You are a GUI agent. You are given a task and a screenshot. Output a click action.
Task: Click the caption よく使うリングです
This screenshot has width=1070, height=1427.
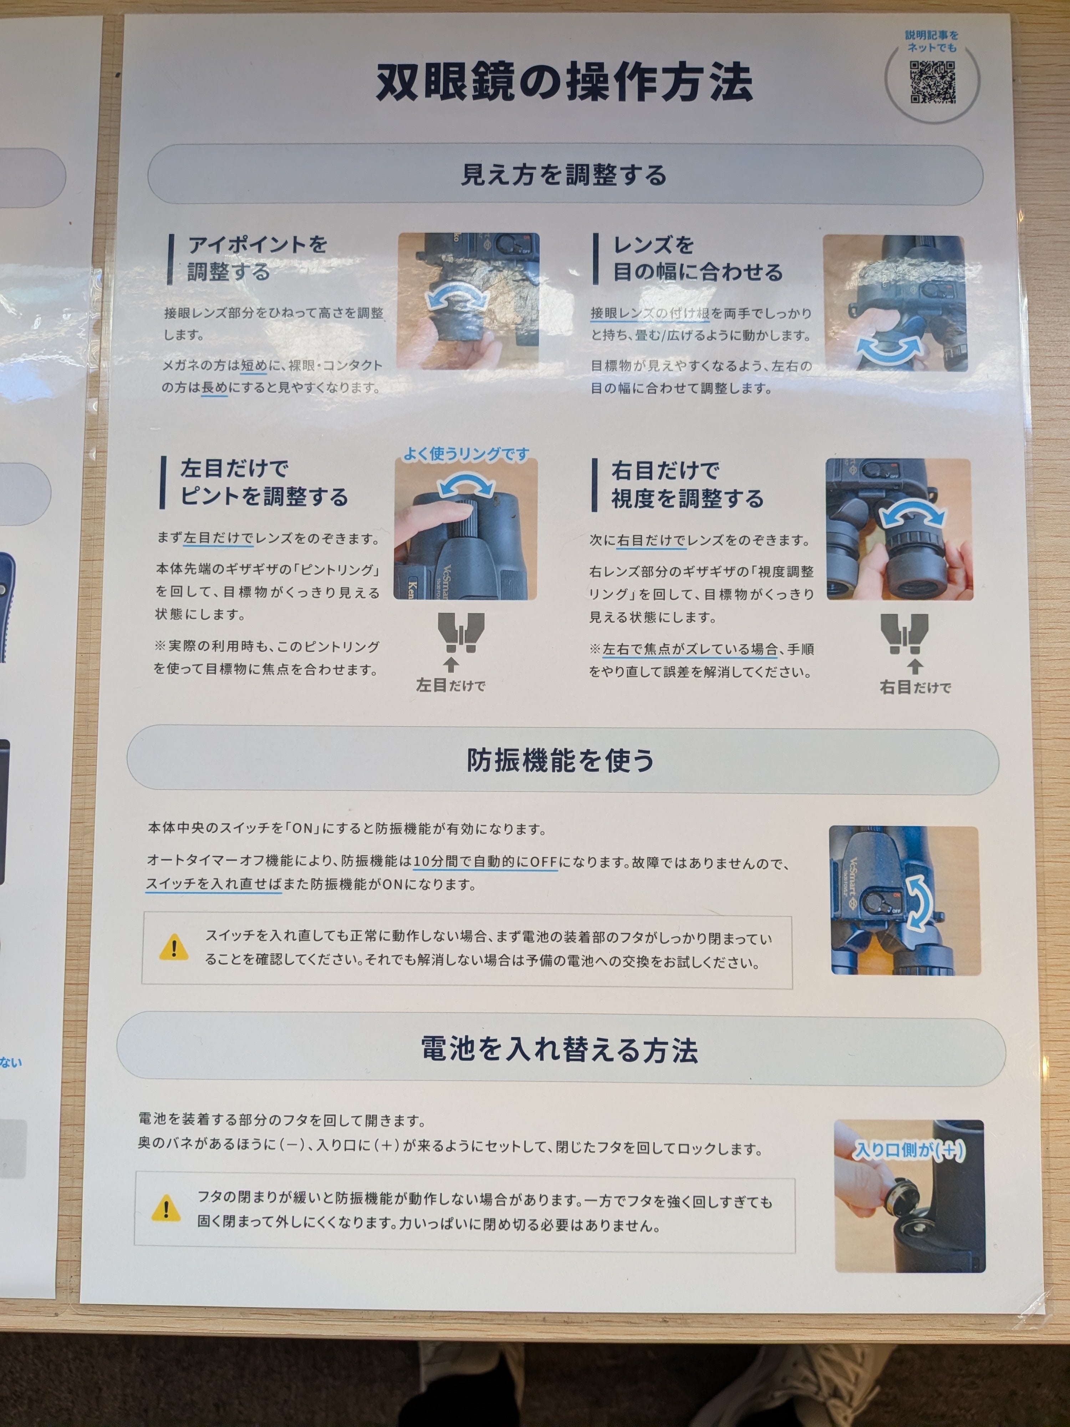[466, 454]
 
